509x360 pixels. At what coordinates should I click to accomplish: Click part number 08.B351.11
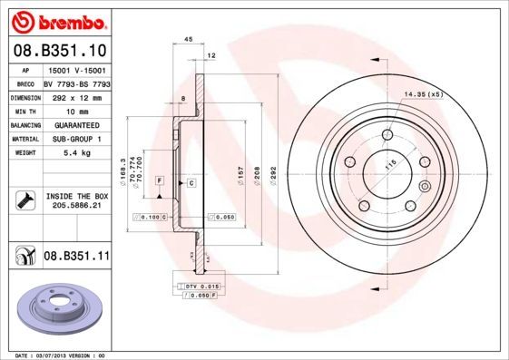(76, 257)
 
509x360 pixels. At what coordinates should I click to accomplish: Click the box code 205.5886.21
(76, 206)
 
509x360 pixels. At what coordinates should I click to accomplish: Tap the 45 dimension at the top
(188, 40)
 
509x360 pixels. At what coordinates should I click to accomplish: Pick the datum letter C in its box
(192, 183)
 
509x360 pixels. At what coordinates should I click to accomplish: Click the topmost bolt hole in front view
(387, 135)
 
